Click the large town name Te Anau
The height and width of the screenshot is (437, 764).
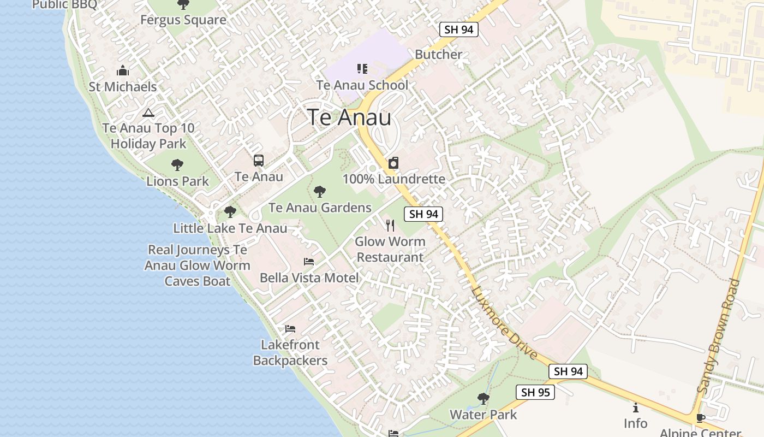coord(349,118)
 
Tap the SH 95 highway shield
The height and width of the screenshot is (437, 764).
coord(535,392)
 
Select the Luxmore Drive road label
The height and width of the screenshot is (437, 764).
coord(504,323)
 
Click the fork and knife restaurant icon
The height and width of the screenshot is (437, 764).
coord(390,225)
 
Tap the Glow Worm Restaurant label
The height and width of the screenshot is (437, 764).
coord(390,249)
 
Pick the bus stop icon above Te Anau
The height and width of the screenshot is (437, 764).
coord(259,161)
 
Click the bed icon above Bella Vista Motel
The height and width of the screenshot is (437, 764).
coord(309,262)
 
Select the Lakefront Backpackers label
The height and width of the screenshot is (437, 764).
coord(290,352)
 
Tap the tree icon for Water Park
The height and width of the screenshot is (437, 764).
coord(483,398)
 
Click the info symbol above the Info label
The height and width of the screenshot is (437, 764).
coord(635,408)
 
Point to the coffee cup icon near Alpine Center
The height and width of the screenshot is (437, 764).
coord(701,418)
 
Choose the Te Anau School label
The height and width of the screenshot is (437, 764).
coord(362,85)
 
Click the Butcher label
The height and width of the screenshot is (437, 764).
coord(438,54)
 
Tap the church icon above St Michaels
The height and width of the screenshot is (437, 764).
coord(123,70)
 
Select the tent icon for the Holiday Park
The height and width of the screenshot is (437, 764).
coord(148,113)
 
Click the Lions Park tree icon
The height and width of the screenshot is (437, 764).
coord(177,164)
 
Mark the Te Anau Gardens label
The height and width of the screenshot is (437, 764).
coord(320,208)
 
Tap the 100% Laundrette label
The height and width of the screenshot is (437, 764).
coord(394,179)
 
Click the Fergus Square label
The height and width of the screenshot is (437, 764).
coord(183,20)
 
